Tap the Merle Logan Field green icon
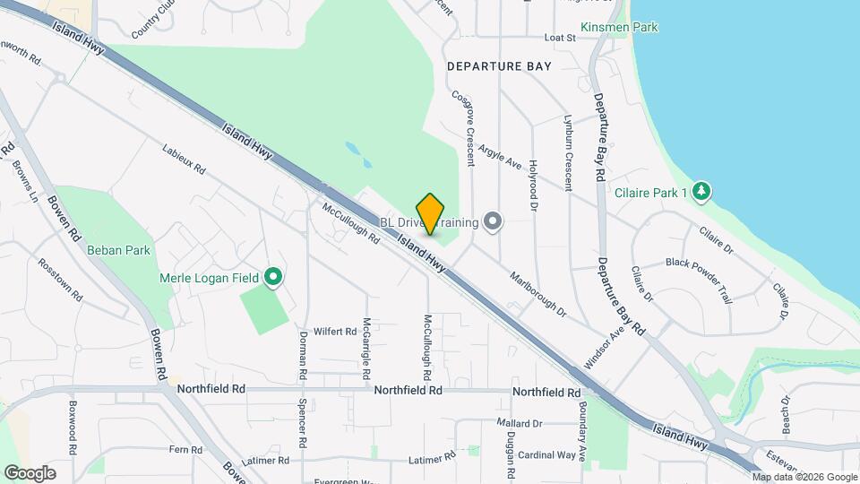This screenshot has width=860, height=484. coord(274,278)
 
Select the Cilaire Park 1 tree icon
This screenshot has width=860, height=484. coord(701,191)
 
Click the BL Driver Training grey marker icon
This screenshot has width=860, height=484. coord(491,220)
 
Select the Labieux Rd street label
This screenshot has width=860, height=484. coord(184,159)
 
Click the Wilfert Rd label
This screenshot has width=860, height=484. coord(335,331)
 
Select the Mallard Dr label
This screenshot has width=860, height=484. coord(520,422)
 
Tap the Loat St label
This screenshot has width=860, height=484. coord(558,38)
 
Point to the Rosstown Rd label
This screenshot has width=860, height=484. coord(58,281)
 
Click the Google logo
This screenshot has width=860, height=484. coord(30,472)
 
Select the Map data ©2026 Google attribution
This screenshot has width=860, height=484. coord(804,477)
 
